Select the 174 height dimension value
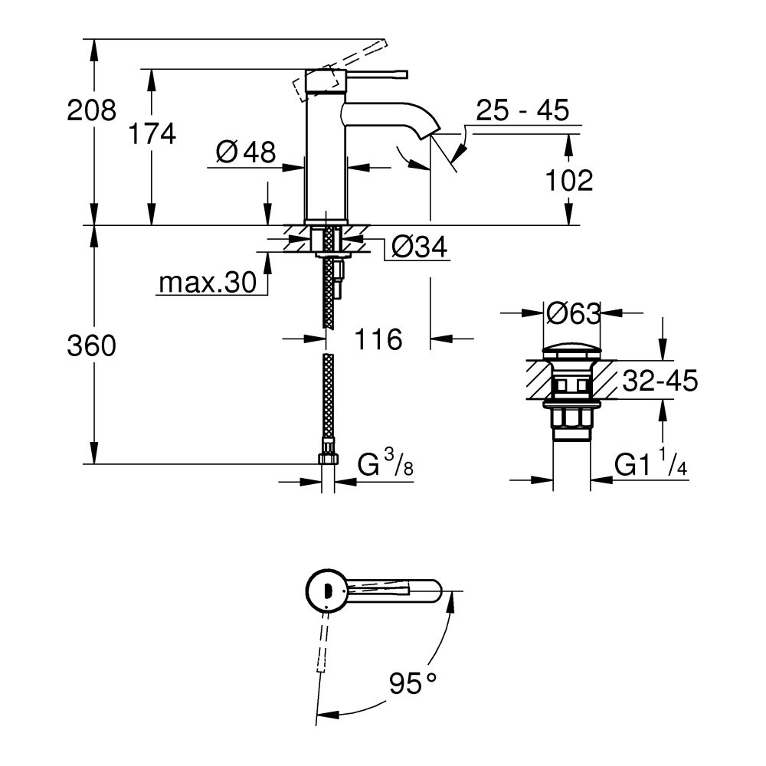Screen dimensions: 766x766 coord(152,134)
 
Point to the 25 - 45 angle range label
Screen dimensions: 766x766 coord(522,111)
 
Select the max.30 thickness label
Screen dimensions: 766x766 coord(206,283)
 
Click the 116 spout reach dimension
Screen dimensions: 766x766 coord(378,339)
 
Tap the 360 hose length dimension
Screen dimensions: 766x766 coord(91,346)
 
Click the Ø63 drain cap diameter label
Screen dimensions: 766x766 coord(572,312)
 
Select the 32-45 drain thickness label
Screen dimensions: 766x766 coord(660,381)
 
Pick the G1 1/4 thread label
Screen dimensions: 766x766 coord(650,465)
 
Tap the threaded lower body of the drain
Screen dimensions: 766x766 coord(571,424)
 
